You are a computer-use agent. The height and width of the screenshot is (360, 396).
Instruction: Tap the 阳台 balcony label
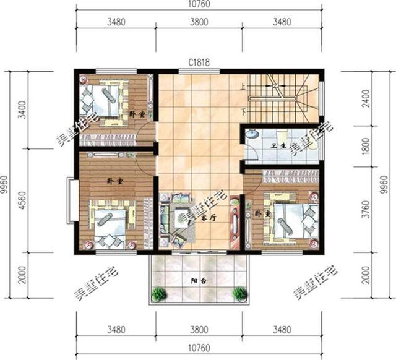(x=197, y=281)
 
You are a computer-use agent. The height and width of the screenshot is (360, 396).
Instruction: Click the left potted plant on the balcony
(x=159, y=294)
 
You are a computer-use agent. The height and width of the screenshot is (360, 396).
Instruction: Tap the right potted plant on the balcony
(x=239, y=294)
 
